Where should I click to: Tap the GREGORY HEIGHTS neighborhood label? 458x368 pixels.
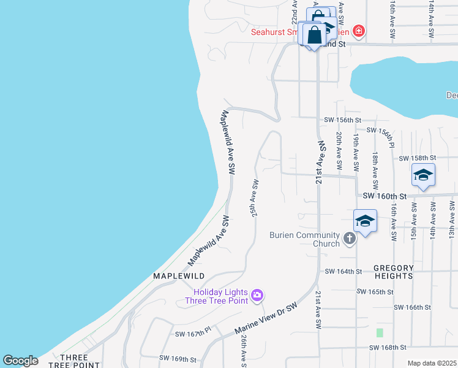coord(394,272)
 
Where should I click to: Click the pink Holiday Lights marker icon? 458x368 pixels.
coord(257,296)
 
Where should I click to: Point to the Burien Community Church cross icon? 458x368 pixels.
coord(349,239)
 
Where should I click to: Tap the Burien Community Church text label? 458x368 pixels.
coord(304,239)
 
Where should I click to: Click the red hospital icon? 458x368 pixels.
coord(359,31)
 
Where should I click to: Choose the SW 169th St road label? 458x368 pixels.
coord(178,358)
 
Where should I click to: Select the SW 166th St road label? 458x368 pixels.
coord(413,307)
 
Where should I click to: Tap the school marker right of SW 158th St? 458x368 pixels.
coord(423,175)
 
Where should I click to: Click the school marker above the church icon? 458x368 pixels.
coord(365,221)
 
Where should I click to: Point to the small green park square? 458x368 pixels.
coord(380,333)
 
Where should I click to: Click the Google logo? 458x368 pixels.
coord(20,361)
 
